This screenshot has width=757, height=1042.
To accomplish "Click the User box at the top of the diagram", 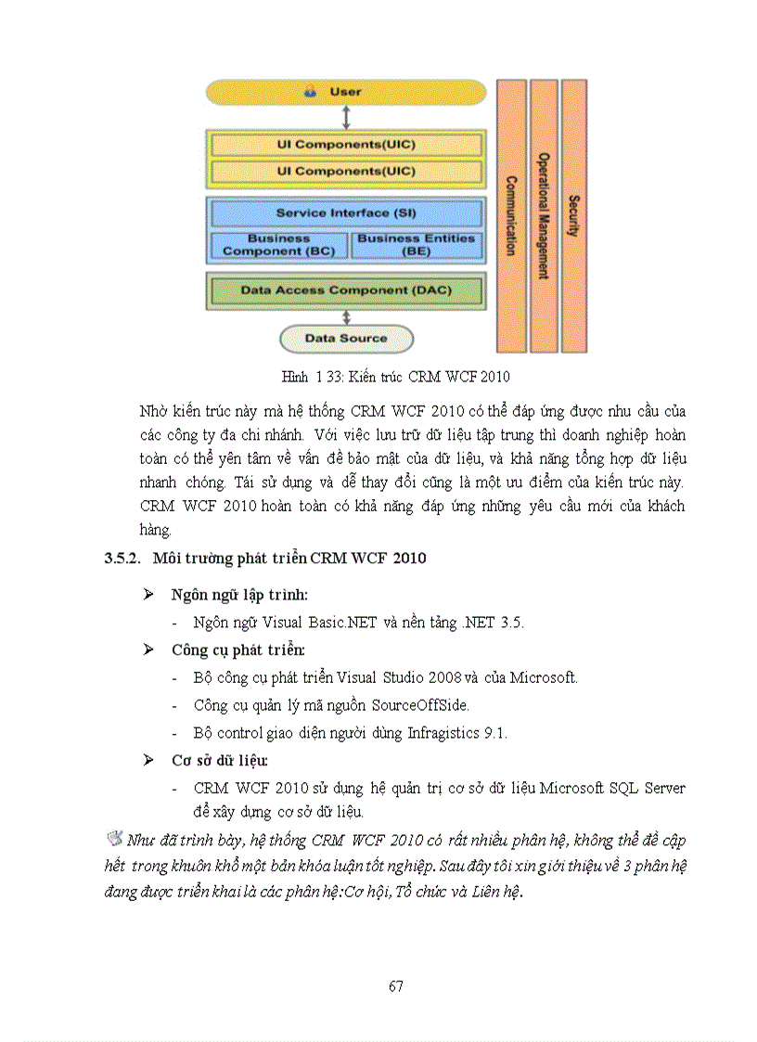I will [345, 92].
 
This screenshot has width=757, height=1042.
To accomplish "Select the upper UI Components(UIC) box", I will [345, 145].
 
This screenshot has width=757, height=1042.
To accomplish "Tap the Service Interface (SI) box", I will [345, 212].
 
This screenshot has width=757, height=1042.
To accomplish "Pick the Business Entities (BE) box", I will [416, 245].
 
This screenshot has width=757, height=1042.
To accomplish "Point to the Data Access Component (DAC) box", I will [345, 290].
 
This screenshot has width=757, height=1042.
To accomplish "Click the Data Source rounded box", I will [345, 339].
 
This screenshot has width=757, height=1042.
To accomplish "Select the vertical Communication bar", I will [511, 215].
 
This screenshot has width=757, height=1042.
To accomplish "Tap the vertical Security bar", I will [574, 215].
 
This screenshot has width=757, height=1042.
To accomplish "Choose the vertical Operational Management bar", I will [544, 215].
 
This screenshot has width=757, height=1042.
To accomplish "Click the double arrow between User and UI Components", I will [345, 117].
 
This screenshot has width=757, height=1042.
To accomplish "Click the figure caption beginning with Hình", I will [395, 377].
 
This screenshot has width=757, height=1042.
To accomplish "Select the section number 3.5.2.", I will [120, 559].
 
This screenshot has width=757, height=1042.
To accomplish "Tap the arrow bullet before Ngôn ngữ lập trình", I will [148, 593].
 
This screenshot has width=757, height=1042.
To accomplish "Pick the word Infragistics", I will [444, 733].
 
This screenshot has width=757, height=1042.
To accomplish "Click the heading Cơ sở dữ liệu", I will [219, 761].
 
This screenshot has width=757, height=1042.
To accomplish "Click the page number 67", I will [395, 986].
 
